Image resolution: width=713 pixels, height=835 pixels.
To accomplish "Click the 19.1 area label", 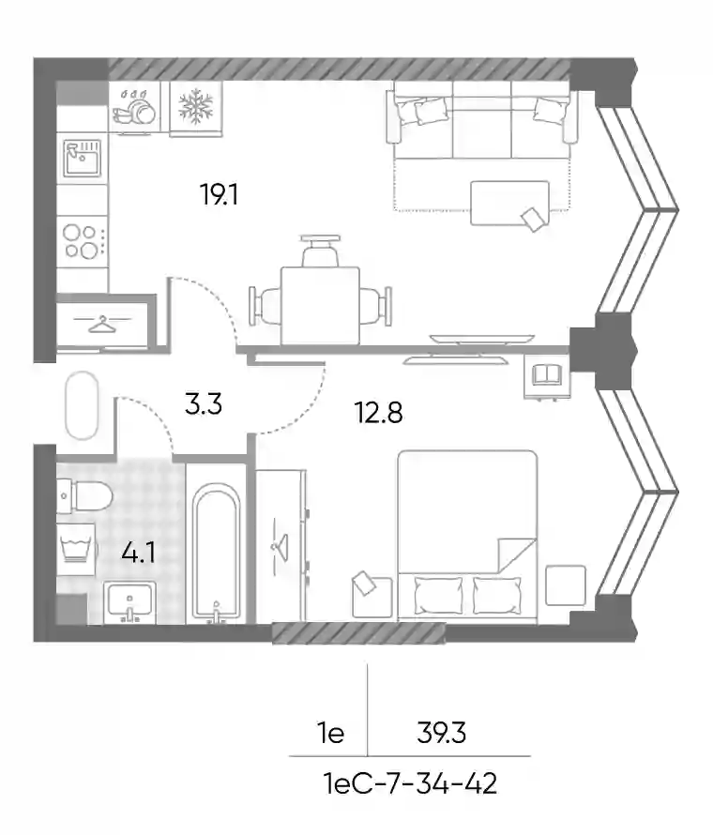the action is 219,194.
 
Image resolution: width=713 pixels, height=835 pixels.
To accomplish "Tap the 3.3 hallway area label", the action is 204,403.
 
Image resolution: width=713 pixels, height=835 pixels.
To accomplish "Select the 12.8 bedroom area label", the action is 379,412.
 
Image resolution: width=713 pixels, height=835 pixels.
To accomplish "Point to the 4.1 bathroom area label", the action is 139,553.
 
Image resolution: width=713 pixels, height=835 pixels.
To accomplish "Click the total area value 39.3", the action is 442,733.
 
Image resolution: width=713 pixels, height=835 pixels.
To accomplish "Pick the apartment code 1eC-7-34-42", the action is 410,784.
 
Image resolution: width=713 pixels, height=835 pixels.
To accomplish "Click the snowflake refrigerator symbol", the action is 195,106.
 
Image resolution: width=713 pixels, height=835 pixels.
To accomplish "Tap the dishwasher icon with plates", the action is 134,107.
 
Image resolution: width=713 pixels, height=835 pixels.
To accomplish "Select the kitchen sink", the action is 82,159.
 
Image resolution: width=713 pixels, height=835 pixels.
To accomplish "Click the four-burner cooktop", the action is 83,241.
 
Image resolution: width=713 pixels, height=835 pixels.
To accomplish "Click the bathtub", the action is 216,553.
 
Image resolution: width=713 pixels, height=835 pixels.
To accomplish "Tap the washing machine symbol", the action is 77,549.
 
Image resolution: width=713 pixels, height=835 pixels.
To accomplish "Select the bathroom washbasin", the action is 129,602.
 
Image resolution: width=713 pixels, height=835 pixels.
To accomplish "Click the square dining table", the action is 320,306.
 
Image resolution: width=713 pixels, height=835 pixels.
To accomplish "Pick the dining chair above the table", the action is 320,250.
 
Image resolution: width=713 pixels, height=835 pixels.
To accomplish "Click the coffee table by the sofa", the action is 509,203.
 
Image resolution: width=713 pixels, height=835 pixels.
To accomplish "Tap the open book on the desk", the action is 547,372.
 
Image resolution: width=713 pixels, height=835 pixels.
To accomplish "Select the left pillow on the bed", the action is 438,596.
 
